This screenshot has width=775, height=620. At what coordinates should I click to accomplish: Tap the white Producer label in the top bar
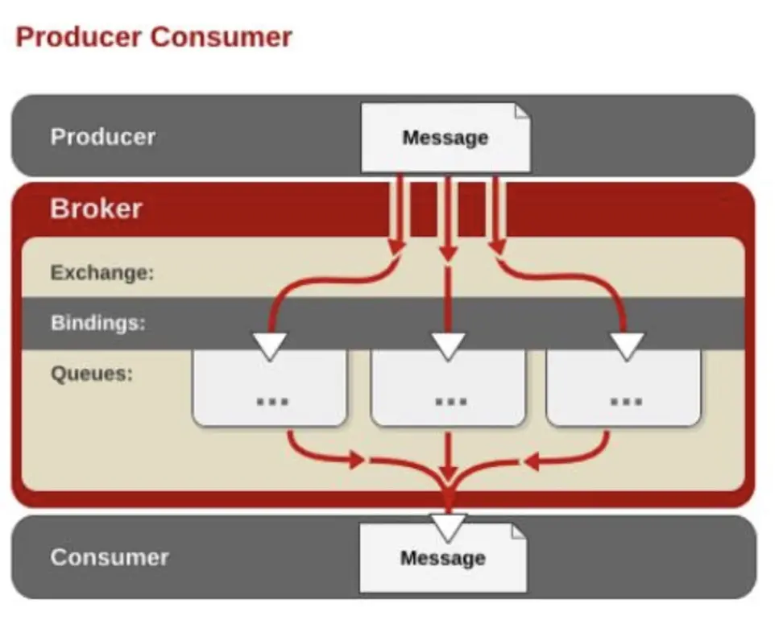(x=102, y=136)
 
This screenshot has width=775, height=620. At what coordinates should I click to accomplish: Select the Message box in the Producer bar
(x=445, y=137)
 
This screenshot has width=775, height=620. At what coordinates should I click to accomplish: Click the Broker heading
(x=96, y=209)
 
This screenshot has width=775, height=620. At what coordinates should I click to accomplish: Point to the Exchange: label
(x=102, y=272)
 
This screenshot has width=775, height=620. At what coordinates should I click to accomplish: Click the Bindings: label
(x=97, y=323)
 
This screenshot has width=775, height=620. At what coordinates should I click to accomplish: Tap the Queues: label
(x=91, y=374)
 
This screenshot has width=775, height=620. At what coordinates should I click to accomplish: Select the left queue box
(x=270, y=391)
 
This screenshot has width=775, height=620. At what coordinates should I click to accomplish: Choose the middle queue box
(x=449, y=391)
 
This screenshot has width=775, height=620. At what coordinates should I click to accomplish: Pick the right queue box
(x=624, y=391)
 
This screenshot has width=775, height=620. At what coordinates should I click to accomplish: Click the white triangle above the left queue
(x=269, y=345)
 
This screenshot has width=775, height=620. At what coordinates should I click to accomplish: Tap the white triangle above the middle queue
(x=449, y=345)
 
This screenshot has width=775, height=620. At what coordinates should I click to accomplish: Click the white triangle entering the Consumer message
(x=449, y=527)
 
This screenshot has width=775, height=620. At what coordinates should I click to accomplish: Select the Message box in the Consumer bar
(x=443, y=558)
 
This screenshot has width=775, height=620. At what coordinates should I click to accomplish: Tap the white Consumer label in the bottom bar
(x=110, y=557)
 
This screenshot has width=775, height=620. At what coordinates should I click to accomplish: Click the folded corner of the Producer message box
(x=523, y=110)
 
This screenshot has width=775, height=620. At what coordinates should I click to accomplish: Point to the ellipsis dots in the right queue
(x=625, y=399)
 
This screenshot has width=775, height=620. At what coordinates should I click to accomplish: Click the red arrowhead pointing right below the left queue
(x=356, y=461)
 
